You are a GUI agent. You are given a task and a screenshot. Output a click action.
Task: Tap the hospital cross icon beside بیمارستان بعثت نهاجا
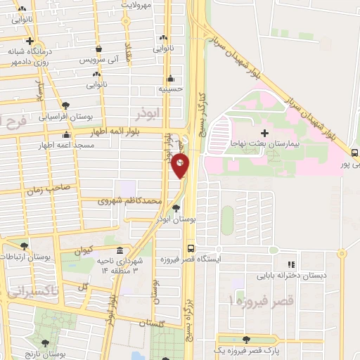point(264,132)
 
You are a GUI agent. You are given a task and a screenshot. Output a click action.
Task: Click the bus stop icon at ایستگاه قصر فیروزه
point(191,248)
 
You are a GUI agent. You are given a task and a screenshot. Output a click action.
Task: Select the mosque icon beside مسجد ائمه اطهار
point(67,134)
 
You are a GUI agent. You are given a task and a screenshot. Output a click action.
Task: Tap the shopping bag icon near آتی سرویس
point(99,49)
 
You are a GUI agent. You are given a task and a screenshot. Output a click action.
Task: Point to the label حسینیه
point(170,89)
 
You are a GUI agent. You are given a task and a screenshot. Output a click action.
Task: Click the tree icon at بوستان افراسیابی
point(65,104)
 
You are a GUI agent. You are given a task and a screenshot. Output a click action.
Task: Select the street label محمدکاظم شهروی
point(133,202)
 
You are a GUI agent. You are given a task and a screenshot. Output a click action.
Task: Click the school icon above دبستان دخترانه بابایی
point(289,265)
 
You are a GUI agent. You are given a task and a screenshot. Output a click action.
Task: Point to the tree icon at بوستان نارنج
point(46,343)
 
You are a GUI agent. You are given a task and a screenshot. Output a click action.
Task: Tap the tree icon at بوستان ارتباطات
point(25,247)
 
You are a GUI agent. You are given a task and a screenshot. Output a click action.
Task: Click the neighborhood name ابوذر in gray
point(150,112)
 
